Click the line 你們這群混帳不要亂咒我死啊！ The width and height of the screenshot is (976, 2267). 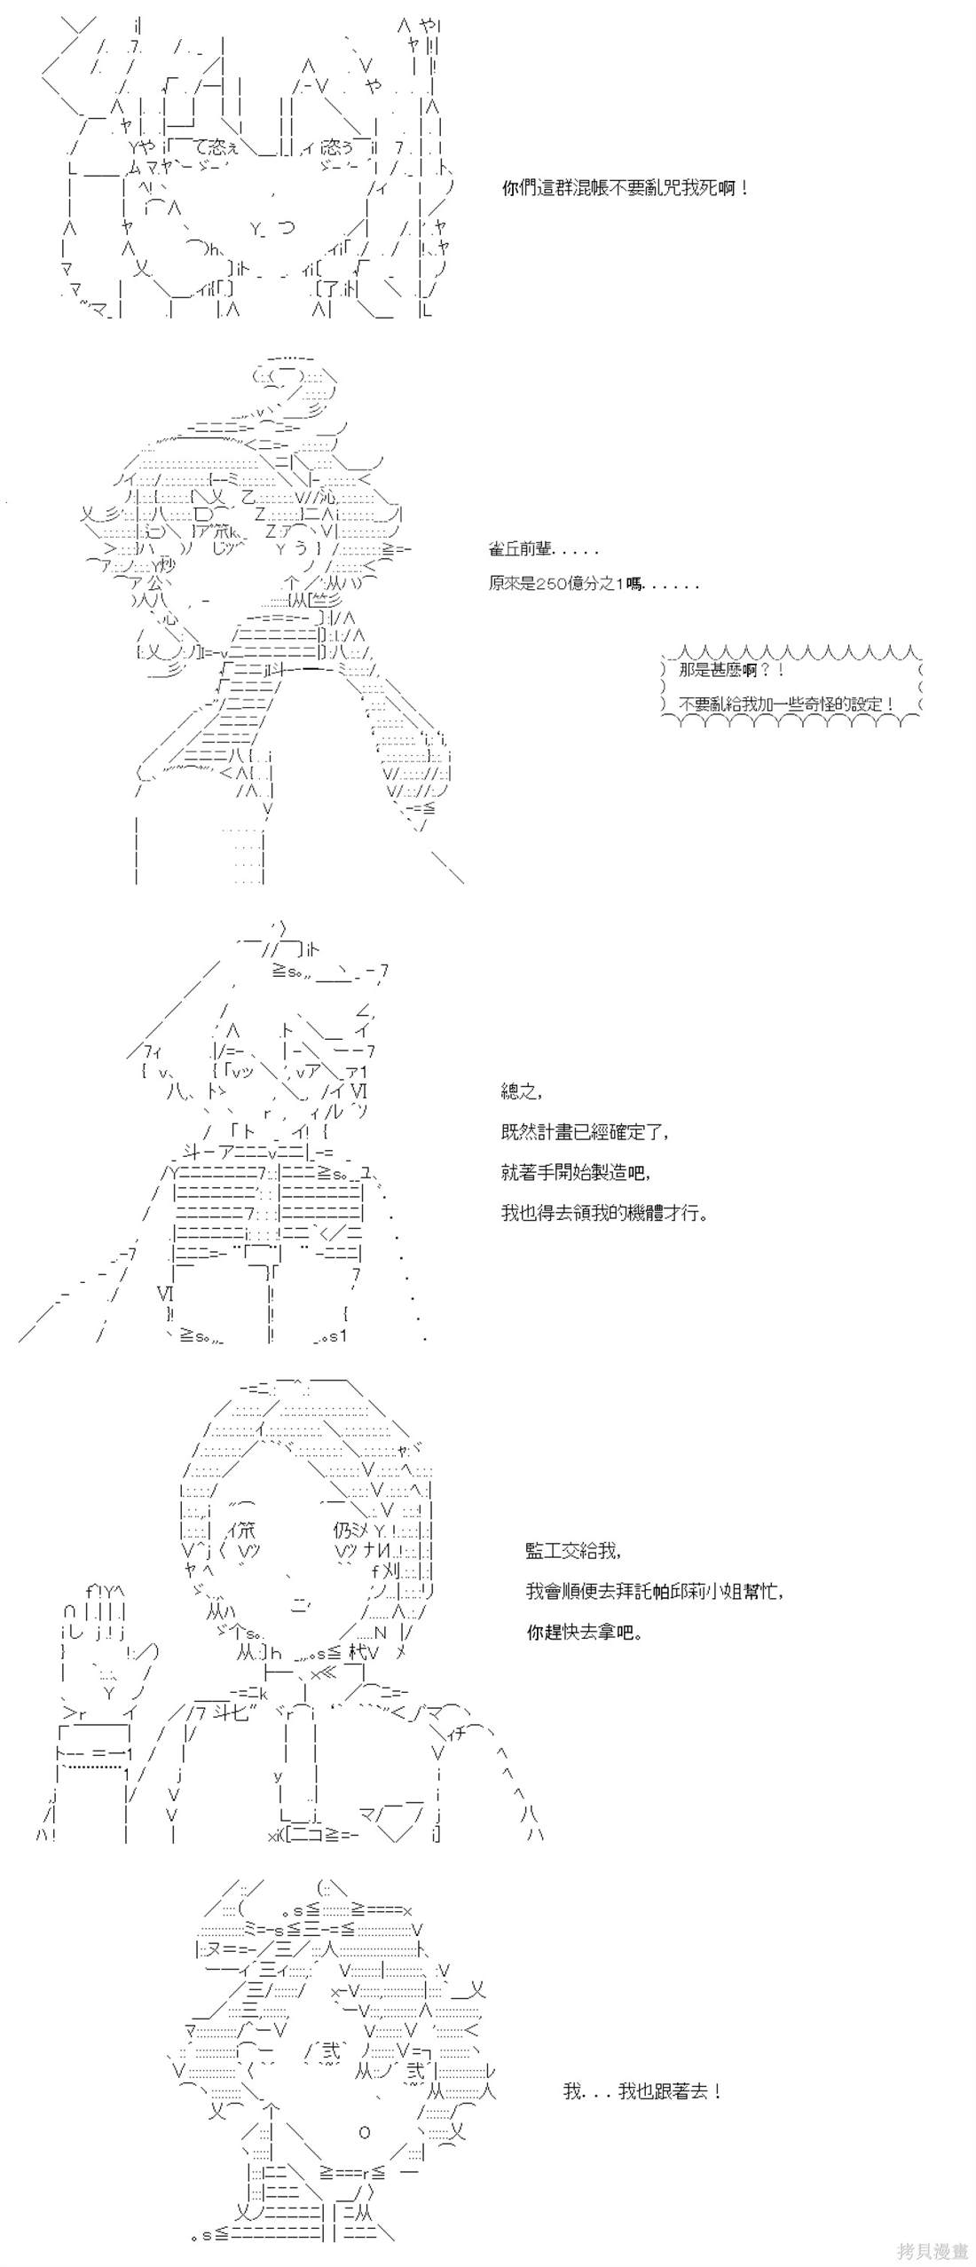(626, 188)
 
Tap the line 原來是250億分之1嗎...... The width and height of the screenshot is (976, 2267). (593, 584)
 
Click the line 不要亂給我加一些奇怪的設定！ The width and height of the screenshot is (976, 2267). (785, 704)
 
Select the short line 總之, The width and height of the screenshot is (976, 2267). (521, 1091)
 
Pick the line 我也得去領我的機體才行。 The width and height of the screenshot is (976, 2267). (604, 1212)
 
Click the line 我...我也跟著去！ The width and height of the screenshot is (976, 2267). (642, 2090)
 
